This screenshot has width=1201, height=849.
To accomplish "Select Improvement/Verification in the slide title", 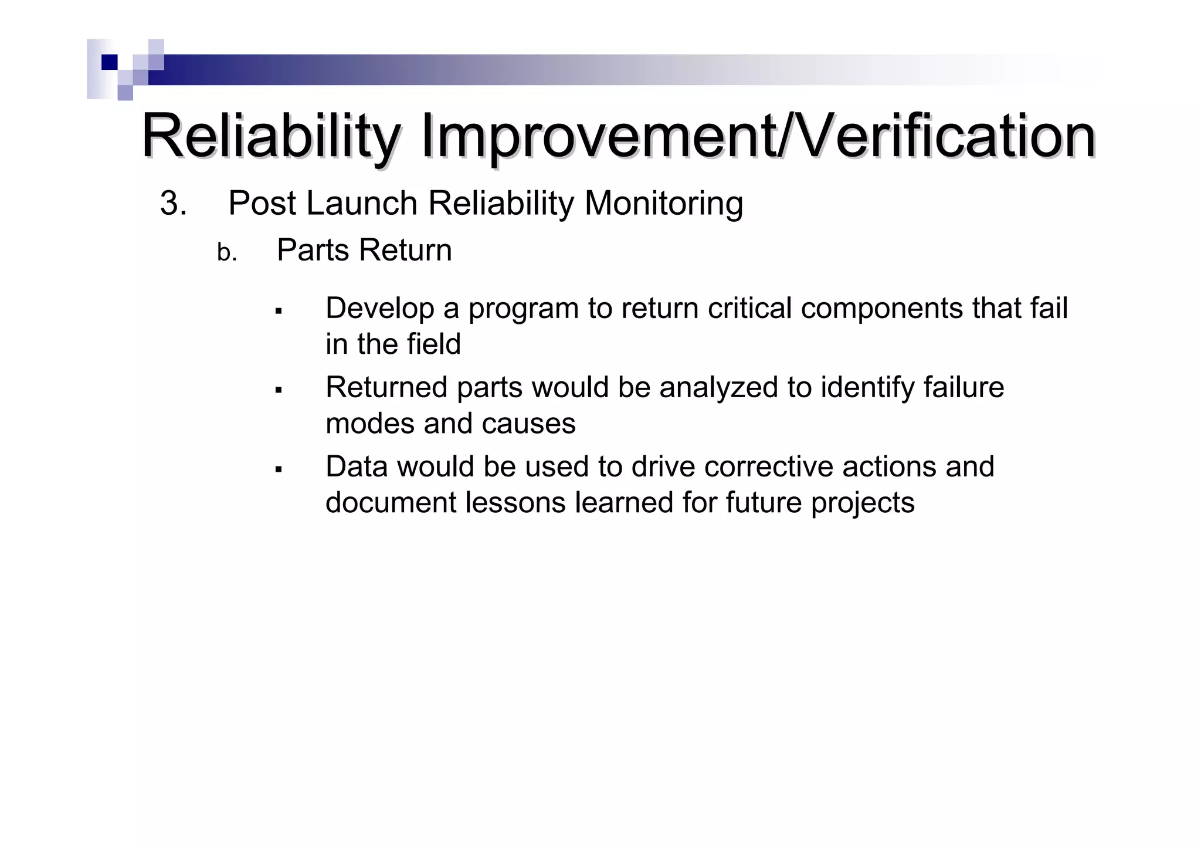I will (x=758, y=137).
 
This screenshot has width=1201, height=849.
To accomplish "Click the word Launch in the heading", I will (x=361, y=204).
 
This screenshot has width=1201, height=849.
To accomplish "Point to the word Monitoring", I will (x=663, y=204).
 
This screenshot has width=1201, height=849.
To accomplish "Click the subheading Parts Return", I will (x=364, y=251).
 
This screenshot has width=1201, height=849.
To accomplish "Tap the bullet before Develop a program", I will (x=279, y=310).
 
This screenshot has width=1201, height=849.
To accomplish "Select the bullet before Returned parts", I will (x=279, y=390).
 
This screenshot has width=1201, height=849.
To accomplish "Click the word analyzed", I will (x=719, y=388).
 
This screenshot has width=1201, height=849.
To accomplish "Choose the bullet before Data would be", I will (x=279, y=469).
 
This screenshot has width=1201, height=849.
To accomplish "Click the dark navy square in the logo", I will (x=110, y=62).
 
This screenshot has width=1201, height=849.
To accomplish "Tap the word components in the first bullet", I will (x=881, y=308).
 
